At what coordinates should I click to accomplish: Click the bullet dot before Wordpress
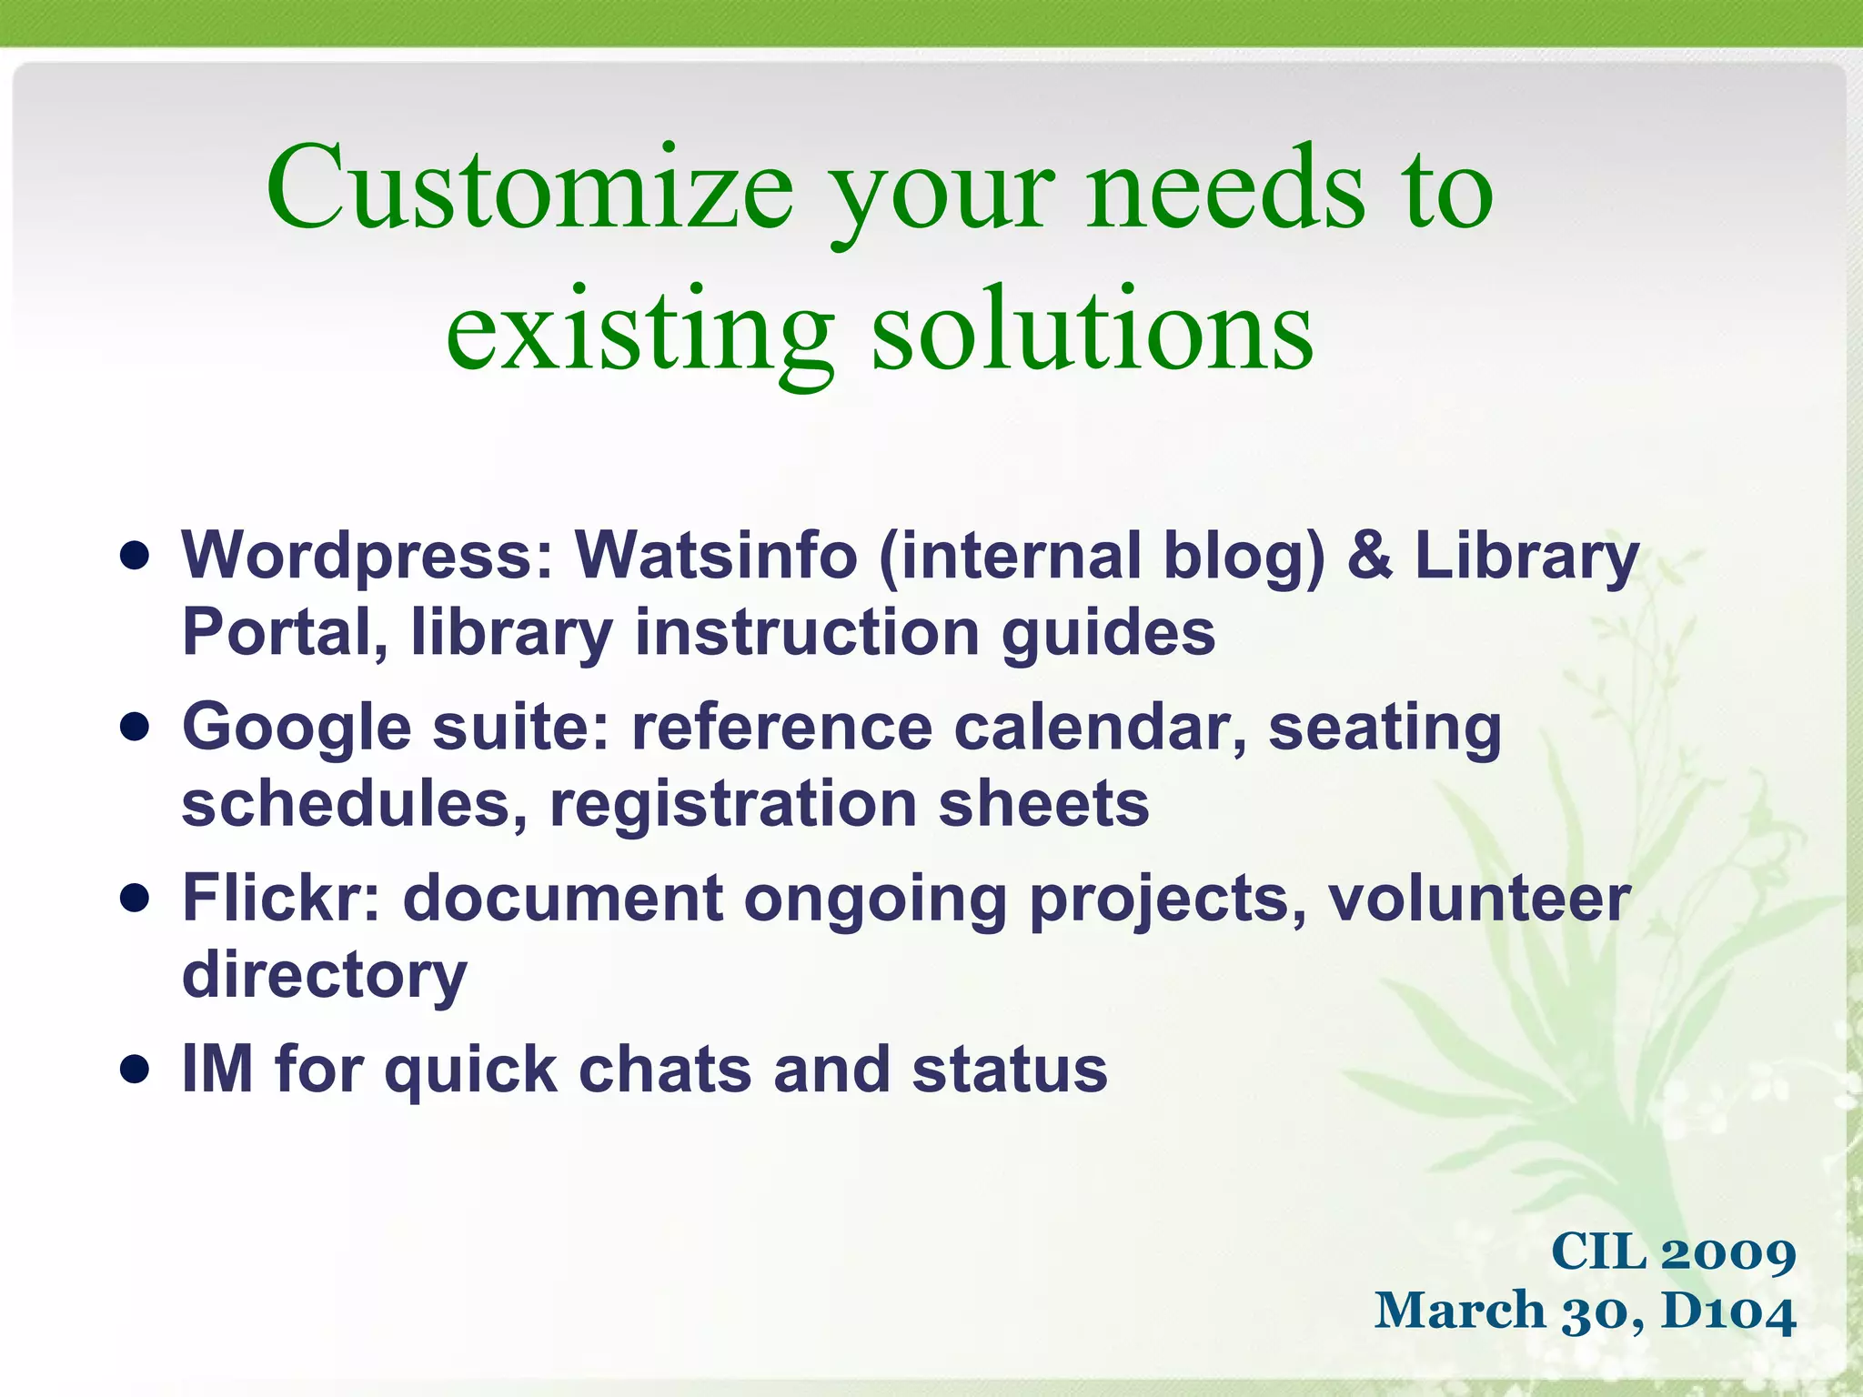(x=135, y=556)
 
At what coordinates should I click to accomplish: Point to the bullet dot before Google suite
(x=135, y=727)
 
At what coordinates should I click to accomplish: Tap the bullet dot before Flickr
(x=135, y=899)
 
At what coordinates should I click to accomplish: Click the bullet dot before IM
(x=135, y=1070)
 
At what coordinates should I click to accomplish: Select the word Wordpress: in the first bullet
(x=368, y=557)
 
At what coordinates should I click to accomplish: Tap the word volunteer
(x=1479, y=899)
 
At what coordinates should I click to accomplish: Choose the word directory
(x=324, y=976)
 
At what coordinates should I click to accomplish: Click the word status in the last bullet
(x=1010, y=1070)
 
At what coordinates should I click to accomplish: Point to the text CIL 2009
(x=1673, y=1251)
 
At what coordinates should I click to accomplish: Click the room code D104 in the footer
(x=1728, y=1312)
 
